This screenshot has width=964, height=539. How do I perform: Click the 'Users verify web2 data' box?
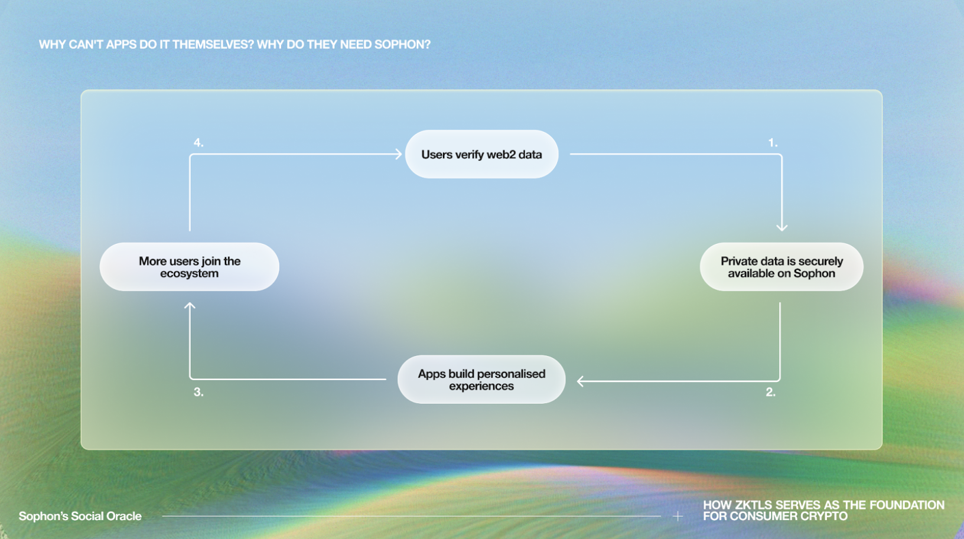click(481, 155)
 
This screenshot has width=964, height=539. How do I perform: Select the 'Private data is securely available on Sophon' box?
click(781, 267)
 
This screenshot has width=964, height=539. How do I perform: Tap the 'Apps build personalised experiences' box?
click(481, 380)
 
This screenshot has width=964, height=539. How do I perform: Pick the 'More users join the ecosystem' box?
click(190, 267)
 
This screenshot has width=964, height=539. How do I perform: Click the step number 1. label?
click(773, 143)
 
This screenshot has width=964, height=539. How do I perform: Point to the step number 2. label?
click(770, 393)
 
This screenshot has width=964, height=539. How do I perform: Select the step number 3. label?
click(198, 393)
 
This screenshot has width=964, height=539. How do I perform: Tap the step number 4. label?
click(198, 143)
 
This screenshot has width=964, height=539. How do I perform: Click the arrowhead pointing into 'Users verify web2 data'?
click(399, 154)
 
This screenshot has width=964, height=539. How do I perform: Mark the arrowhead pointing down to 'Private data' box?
click(782, 228)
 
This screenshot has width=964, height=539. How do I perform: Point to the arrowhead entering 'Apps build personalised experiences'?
click(580, 381)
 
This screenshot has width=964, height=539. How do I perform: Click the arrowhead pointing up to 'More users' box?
click(190, 305)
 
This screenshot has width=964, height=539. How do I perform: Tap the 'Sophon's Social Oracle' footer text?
click(80, 516)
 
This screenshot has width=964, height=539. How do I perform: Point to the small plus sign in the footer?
click(678, 516)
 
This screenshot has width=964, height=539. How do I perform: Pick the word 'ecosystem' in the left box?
click(190, 273)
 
